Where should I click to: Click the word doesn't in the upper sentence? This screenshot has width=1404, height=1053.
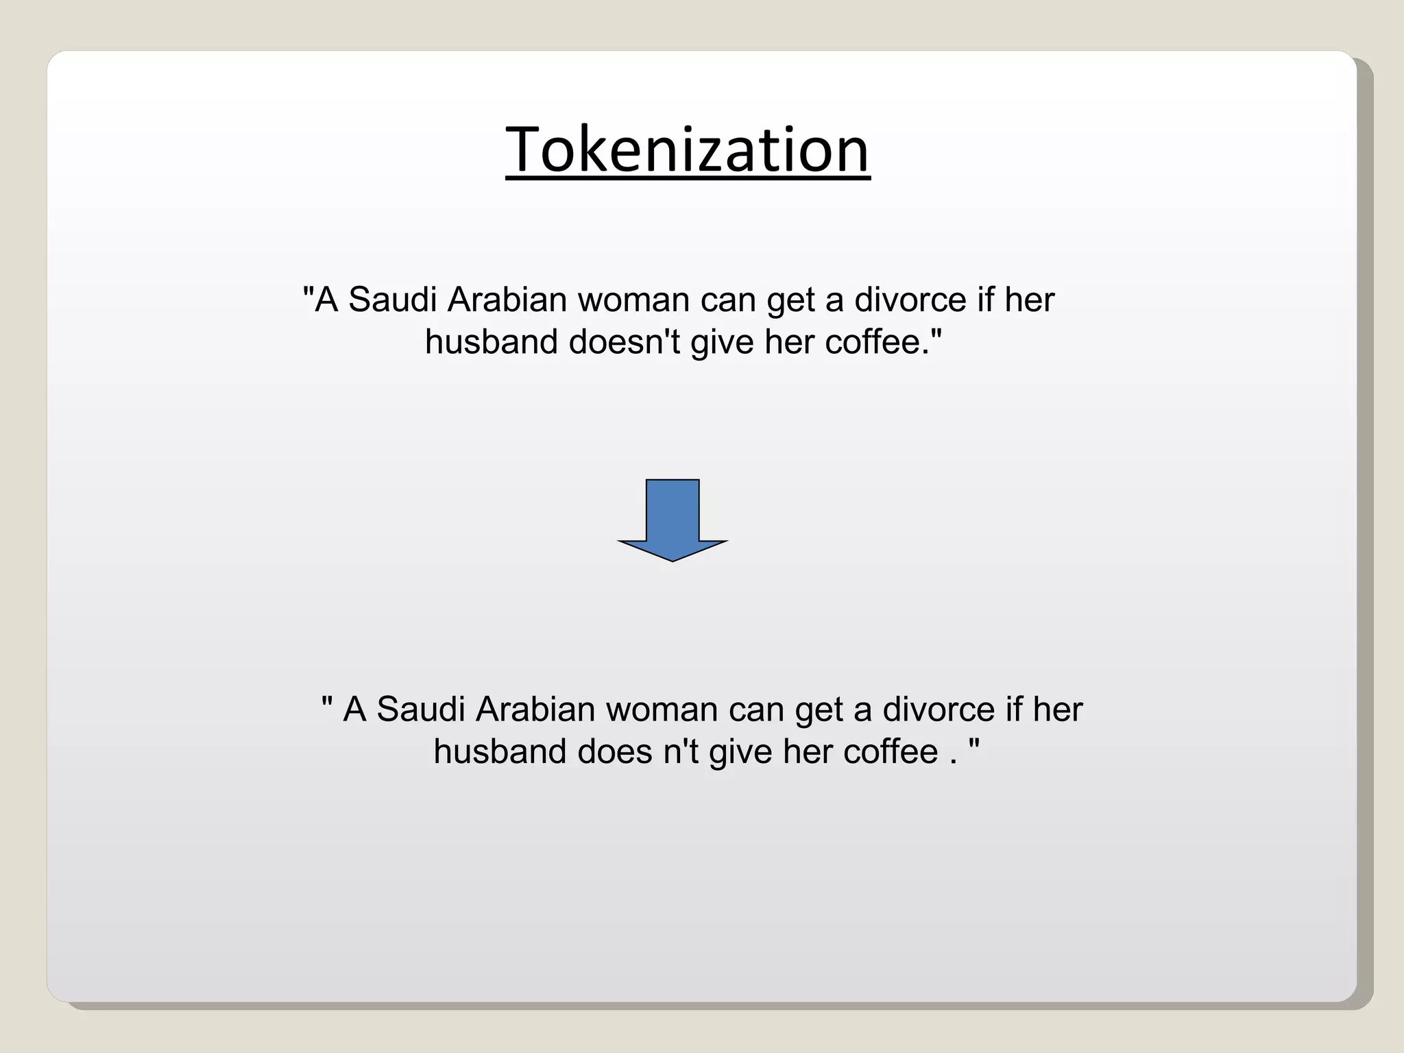(624, 341)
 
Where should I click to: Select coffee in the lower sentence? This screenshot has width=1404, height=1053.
(891, 751)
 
